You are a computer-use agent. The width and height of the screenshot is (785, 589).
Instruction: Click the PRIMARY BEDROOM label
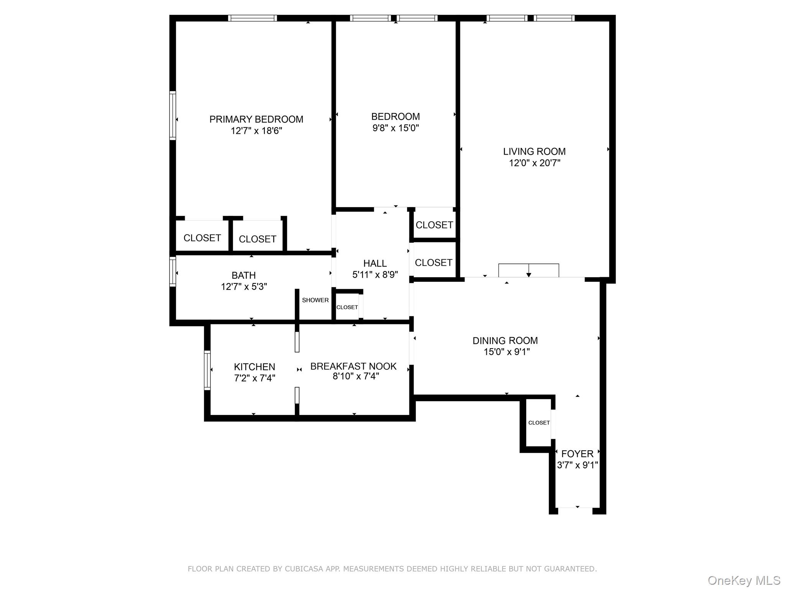click(x=256, y=119)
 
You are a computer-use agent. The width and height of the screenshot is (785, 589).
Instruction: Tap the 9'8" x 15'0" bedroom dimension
click(x=396, y=128)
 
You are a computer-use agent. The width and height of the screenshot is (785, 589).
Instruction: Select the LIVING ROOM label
click(x=534, y=151)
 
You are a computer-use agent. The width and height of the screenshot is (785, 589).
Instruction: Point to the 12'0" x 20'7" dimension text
click(x=534, y=163)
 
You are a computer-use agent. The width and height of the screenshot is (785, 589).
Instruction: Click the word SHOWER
click(x=315, y=300)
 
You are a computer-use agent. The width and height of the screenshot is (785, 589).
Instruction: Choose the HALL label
click(x=375, y=263)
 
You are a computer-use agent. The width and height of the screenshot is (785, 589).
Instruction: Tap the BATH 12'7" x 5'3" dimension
click(x=244, y=287)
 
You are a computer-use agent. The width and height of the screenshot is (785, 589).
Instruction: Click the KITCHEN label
click(x=255, y=367)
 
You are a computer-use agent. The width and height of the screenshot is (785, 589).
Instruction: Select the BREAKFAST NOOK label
click(x=353, y=366)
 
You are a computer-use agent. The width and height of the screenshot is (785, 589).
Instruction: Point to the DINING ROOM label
click(x=505, y=341)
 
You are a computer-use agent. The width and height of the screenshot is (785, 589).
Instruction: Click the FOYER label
click(x=577, y=454)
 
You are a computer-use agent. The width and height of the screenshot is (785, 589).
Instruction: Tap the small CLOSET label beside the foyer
click(x=539, y=423)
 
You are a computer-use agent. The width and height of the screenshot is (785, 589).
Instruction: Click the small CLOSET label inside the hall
click(x=347, y=307)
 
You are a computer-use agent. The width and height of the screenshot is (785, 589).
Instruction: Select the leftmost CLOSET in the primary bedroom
click(x=202, y=238)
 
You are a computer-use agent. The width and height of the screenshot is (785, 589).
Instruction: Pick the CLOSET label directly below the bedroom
click(x=434, y=225)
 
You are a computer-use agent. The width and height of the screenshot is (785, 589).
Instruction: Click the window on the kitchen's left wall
click(x=207, y=370)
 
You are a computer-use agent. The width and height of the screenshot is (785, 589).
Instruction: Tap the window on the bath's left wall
click(x=173, y=272)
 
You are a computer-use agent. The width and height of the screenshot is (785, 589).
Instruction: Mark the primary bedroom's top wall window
click(x=252, y=18)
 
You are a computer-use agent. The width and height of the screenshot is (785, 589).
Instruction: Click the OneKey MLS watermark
click(x=744, y=581)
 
